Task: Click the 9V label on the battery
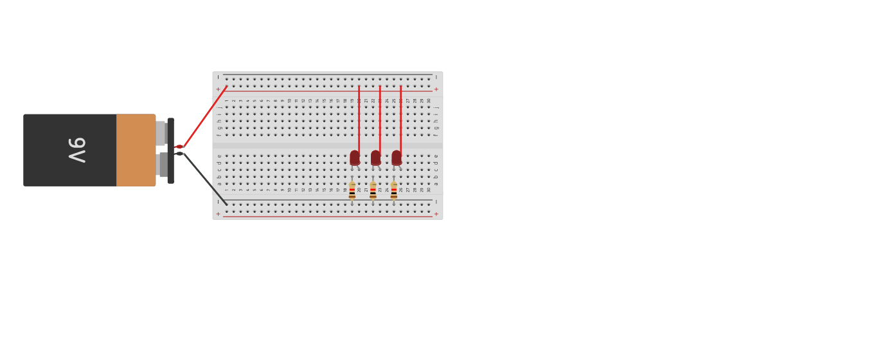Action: click(x=77, y=150)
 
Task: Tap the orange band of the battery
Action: click(x=136, y=150)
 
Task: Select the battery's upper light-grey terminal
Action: click(x=161, y=133)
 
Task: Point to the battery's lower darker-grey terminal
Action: click(x=163, y=165)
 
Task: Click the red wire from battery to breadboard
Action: click(x=204, y=116)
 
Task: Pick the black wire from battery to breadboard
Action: click(x=204, y=179)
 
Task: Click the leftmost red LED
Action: click(x=355, y=157)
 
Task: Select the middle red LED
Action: click(x=375, y=157)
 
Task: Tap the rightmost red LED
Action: click(x=397, y=157)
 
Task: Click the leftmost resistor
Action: click(x=352, y=191)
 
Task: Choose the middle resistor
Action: click(x=373, y=191)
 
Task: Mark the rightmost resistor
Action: click(x=394, y=191)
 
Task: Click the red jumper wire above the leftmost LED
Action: click(x=359, y=119)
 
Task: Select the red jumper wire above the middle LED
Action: click(x=380, y=119)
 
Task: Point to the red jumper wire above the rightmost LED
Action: click(x=400, y=119)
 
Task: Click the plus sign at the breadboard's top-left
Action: click(x=218, y=89)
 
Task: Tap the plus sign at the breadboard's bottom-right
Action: click(x=436, y=214)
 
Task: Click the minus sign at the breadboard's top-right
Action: click(x=436, y=77)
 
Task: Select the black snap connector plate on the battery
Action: click(x=170, y=150)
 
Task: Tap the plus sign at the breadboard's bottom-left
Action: click(x=218, y=214)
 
